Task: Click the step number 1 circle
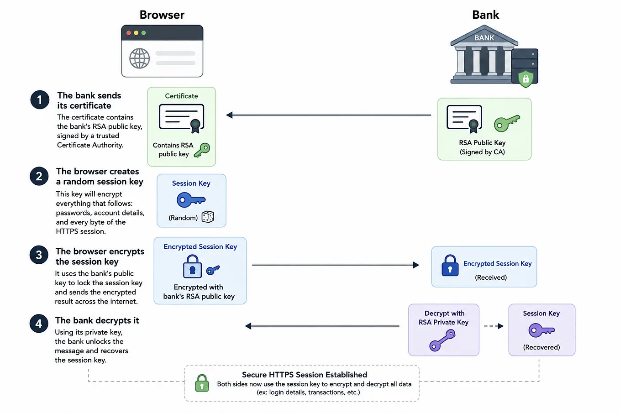(x=40, y=99)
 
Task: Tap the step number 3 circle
(x=39, y=255)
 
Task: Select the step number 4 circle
(x=39, y=323)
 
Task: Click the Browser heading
(x=162, y=15)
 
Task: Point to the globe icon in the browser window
(x=140, y=58)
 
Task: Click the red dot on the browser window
(x=129, y=33)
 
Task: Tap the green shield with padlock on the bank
(x=525, y=79)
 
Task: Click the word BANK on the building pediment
(x=484, y=38)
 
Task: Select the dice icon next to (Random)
(x=208, y=217)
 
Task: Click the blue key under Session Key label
(x=191, y=200)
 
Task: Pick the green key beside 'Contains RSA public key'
(x=202, y=150)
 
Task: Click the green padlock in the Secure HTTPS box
(x=202, y=383)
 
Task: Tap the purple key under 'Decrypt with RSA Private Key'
(x=442, y=340)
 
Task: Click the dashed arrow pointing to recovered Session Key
(x=494, y=326)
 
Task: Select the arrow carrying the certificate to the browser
(x=329, y=115)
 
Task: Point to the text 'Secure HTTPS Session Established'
(x=305, y=375)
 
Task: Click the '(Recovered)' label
(x=541, y=347)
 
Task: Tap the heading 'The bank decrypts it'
(x=97, y=320)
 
